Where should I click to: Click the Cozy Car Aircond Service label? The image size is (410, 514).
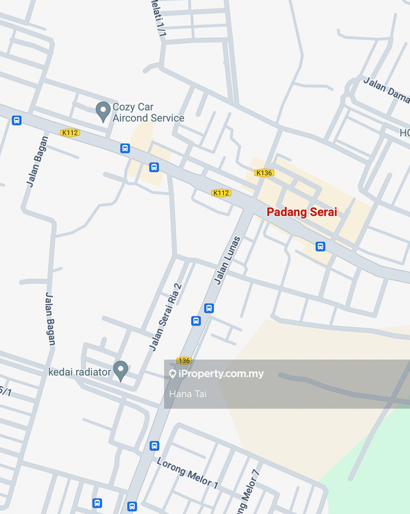click(148, 112)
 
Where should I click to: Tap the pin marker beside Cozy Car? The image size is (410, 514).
click(103, 111)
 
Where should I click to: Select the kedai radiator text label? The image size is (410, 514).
click(80, 372)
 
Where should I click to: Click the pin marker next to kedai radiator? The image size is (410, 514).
click(121, 370)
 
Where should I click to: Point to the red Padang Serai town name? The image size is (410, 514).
click(302, 212)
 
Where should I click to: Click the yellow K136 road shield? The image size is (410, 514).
click(264, 173)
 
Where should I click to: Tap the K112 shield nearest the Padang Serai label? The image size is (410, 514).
click(221, 193)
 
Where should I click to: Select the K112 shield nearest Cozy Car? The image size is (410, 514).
click(70, 133)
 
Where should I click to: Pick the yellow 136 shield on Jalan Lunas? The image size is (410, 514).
click(184, 360)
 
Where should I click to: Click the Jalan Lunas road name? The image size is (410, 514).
click(227, 261)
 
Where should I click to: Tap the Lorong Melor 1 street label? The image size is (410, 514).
click(187, 472)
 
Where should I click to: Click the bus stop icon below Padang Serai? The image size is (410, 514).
click(320, 246)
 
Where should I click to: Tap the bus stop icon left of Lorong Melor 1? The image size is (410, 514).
click(154, 445)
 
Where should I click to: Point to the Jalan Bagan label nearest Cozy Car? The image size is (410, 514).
click(37, 161)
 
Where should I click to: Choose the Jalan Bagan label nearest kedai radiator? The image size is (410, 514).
click(50, 319)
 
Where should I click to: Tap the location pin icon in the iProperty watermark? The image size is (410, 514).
click(173, 374)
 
